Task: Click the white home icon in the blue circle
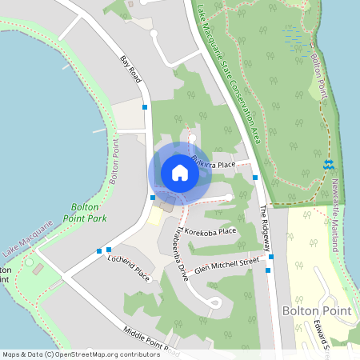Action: pyautogui.click(x=180, y=173)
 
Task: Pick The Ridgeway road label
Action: pyautogui.click(x=266, y=223)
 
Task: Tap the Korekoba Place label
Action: pyautogui.click(x=210, y=232)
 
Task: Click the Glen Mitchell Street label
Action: pyautogui.click(x=227, y=264)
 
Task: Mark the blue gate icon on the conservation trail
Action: pyautogui.click(x=328, y=164)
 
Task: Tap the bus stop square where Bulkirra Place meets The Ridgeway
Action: pyautogui.click(x=254, y=178)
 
